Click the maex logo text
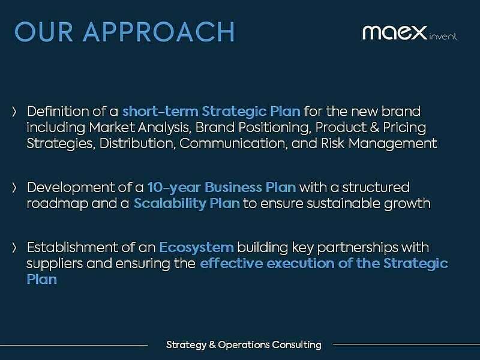394,31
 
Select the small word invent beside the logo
443,37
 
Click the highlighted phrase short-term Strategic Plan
212,112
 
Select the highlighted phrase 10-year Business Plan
221,187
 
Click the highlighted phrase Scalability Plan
187,203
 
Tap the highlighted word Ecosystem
196,247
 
